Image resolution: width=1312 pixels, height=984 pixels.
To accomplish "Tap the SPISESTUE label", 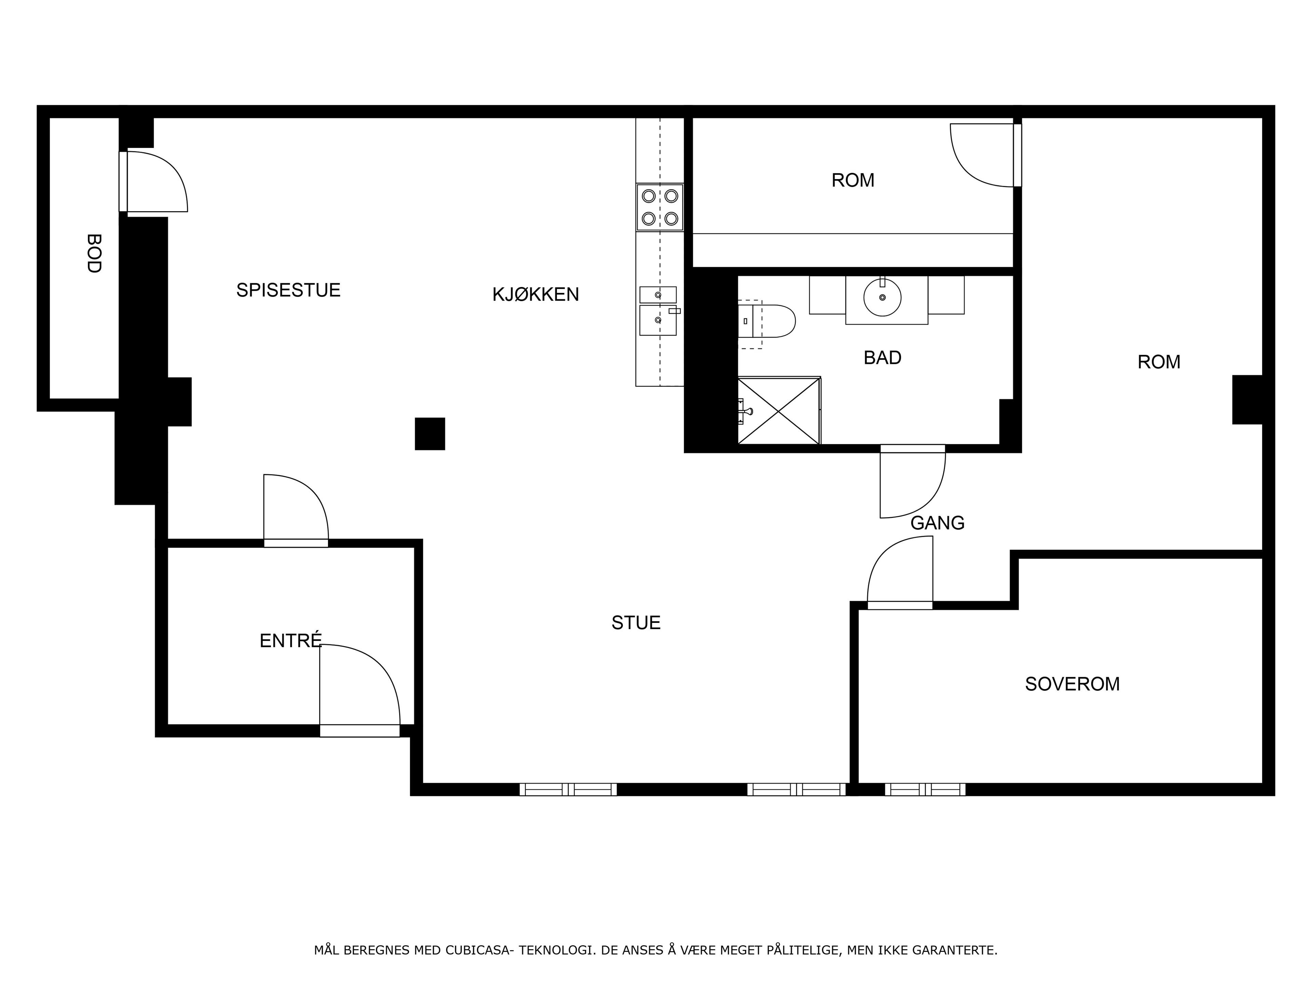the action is [x=288, y=290].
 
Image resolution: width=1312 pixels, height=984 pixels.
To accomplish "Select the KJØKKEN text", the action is [x=536, y=294].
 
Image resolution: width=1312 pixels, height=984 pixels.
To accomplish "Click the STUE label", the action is [x=636, y=623].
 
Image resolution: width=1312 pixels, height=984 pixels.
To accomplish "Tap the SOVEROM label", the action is [x=1072, y=684].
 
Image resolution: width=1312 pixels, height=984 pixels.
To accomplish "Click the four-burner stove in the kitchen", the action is [x=660, y=207].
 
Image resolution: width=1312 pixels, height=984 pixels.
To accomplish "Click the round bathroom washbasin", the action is [x=883, y=297].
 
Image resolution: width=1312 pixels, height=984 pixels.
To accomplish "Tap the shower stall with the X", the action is [x=779, y=410].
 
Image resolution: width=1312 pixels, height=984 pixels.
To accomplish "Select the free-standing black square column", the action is [x=430, y=434].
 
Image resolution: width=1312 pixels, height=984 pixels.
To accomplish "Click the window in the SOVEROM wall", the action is [x=925, y=790].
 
